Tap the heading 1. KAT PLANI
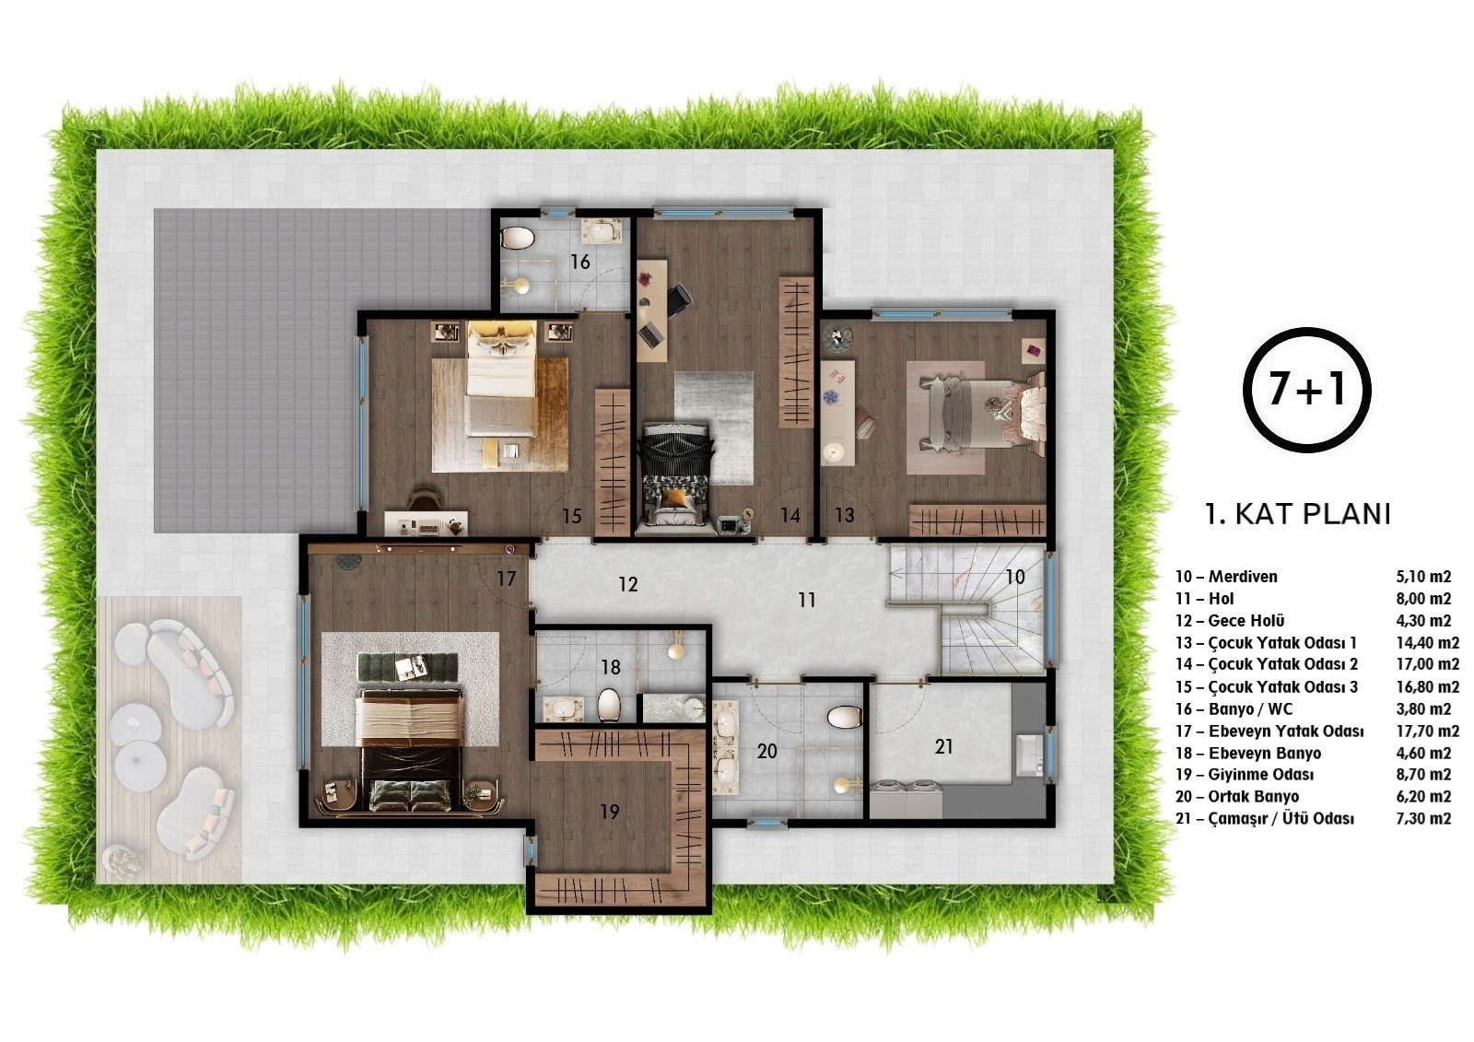(1298, 514)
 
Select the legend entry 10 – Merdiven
(1226, 577)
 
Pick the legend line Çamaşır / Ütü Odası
(1265, 819)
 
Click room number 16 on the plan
(579, 262)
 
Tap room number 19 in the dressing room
(609, 812)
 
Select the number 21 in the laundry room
(943, 746)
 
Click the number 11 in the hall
(807, 600)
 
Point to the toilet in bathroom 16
(518, 238)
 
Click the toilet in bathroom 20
(844, 717)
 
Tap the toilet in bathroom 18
(609, 705)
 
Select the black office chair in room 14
(679, 299)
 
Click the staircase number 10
(1014, 578)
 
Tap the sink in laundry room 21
(1029, 753)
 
